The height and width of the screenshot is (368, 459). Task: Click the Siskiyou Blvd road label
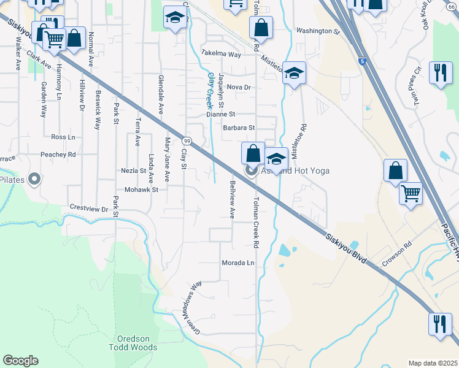tap(347, 248)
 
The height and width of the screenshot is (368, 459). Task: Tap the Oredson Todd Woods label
tap(137, 343)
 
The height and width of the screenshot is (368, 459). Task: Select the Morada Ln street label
tap(237, 263)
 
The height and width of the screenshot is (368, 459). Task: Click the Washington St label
tap(317, 31)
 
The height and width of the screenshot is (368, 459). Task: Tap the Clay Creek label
tap(213, 90)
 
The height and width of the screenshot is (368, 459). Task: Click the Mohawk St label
tap(142, 190)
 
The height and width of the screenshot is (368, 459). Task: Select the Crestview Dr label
tap(89, 209)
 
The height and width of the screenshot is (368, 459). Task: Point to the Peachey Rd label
tap(58, 155)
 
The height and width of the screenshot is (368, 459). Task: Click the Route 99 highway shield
tap(187, 142)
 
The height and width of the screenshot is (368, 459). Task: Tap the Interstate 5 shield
tap(364, 61)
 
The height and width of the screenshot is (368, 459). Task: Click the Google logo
tap(20, 361)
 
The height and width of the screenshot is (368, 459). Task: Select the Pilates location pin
tap(34, 179)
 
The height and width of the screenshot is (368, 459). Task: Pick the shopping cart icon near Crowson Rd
tap(410, 194)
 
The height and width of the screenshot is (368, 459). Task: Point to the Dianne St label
tap(221, 114)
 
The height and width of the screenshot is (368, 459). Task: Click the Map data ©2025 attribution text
tap(433, 363)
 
